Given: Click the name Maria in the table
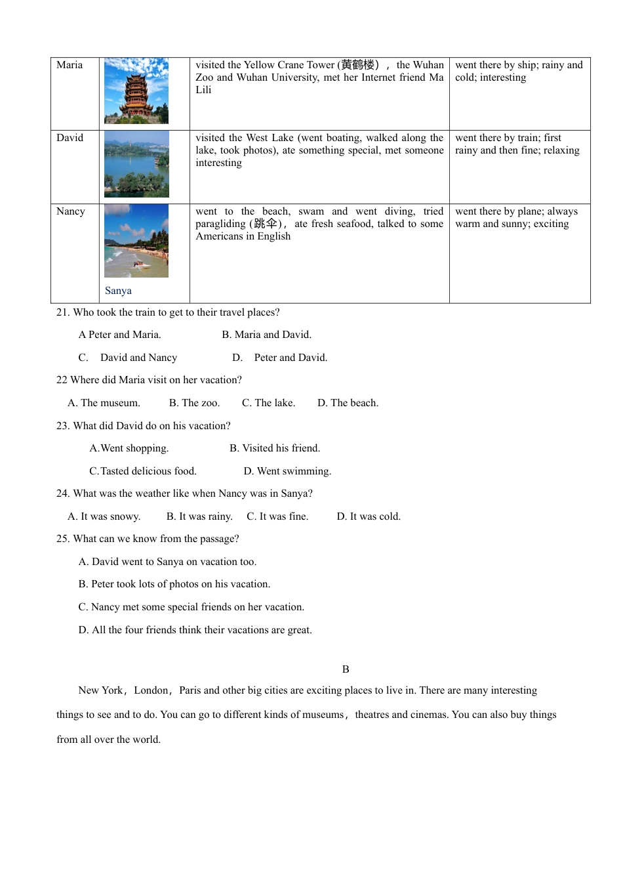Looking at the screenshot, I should pos(70,65).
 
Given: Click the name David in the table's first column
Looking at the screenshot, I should pos(70,138).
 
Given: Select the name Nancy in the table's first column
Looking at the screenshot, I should pos(71,211).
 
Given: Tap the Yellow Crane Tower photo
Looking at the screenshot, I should pos(136,91).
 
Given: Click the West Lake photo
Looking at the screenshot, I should pos(136,164).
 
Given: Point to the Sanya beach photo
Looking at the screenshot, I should pos(136,240).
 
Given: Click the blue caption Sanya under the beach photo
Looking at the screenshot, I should pos(118,291).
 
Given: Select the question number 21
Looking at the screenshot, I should pos(62,312).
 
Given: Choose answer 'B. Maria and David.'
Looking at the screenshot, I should pos(266,335).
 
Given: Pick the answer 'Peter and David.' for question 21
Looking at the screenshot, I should pos(290,358).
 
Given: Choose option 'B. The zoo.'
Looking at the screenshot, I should pos(194,403).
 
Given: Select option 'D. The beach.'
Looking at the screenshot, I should pos(348,403).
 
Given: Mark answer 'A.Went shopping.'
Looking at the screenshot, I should pos(129,448).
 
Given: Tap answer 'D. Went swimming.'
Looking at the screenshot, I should pos(287,471).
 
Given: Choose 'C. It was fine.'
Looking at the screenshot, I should pos(277,516).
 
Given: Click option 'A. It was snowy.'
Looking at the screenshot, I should pos(104,516).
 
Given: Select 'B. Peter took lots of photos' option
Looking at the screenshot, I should pos(174,584).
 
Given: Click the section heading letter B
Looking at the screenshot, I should pos(346,669).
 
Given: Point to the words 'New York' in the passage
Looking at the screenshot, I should pos(100,690).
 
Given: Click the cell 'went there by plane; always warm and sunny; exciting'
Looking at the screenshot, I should pos(516,218).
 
